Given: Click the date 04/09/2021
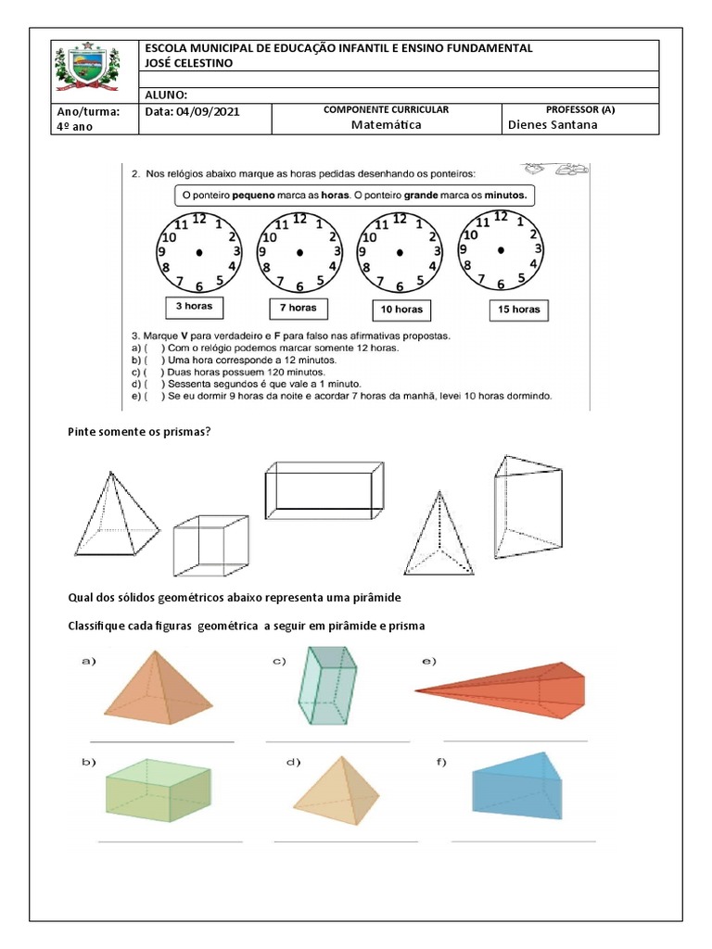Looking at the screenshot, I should coord(193,111).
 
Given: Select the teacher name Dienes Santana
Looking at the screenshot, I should coord(553,125).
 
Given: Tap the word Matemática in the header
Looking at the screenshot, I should coord(386,125).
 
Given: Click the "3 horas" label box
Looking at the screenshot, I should coord(195,307).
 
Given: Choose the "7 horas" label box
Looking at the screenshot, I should coord(299,308).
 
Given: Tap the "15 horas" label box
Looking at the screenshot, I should coord(518,310).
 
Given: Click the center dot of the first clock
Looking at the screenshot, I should coord(199,252).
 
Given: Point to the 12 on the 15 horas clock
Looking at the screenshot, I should coord(501,217).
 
